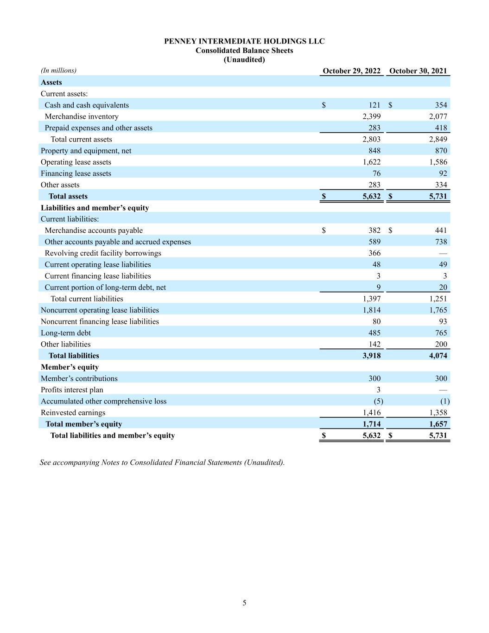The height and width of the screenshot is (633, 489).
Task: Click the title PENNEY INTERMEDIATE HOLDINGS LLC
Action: (x=244, y=41)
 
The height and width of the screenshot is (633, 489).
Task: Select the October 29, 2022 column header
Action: (x=351, y=71)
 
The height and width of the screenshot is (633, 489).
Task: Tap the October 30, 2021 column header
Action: (x=418, y=71)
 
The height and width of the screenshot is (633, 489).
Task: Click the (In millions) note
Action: (x=58, y=70)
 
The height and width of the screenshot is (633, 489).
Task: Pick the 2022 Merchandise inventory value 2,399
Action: (x=371, y=116)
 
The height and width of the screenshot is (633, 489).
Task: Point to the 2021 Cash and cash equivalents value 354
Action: (x=441, y=105)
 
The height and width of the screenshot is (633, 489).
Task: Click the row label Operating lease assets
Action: (x=76, y=162)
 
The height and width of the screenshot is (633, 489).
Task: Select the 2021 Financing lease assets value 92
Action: (x=443, y=173)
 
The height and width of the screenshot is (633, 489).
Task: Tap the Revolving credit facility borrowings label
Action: (x=103, y=253)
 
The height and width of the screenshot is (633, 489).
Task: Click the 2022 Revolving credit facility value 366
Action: (x=374, y=253)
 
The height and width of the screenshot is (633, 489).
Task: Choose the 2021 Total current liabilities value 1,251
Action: (x=438, y=299)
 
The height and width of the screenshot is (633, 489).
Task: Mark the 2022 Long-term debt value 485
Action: (x=374, y=333)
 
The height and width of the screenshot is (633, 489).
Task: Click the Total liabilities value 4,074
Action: (x=438, y=356)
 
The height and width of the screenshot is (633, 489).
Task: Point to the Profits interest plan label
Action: (x=72, y=390)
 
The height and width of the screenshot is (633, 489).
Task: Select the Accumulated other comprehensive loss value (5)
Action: (x=378, y=401)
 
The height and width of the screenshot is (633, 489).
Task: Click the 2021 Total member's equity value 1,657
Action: (x=438, y=424)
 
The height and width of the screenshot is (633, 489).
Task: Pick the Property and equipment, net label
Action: (x=86, y=151)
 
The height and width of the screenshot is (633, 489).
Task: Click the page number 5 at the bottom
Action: (x=244, y=603)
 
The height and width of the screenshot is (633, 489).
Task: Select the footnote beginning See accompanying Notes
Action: (x=162, y=462)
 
